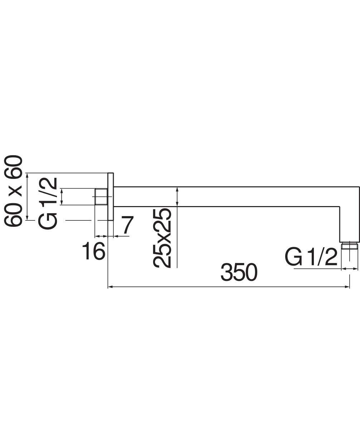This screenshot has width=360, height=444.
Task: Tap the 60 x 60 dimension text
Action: pos(13,191)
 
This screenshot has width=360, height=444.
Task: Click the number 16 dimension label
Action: pos(93,251)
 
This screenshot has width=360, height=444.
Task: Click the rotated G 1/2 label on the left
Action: pos(48,203)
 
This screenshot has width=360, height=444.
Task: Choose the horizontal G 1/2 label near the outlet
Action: pos(311,257)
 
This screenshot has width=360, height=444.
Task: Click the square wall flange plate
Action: pos(111,196)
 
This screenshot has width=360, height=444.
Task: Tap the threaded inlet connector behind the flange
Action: pos(101,196)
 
